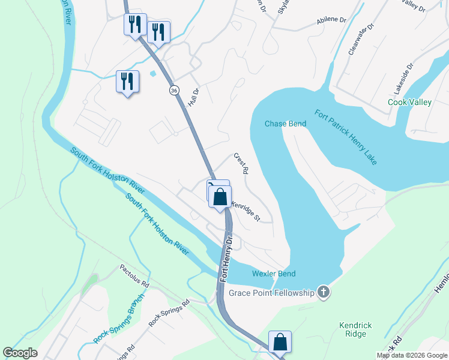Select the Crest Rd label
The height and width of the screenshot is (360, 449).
click(241, 163)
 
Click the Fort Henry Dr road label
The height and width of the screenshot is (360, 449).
click(226, 259)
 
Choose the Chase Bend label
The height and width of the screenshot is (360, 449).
click(286, 124)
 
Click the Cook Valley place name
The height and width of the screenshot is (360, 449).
click(409, 103)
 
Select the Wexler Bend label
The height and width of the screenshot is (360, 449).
click(273, 274)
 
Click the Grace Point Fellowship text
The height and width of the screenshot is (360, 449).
click(271, 293)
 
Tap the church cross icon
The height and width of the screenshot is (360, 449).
click(324, 292)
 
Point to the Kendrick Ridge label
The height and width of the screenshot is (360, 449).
click(355, 330)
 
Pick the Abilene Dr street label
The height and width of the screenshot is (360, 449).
click(332, 21)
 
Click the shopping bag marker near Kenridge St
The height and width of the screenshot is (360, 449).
click(220, 196)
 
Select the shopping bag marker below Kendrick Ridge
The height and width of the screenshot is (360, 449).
click(280, 342)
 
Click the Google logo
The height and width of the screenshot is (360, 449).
click(20, 353)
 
